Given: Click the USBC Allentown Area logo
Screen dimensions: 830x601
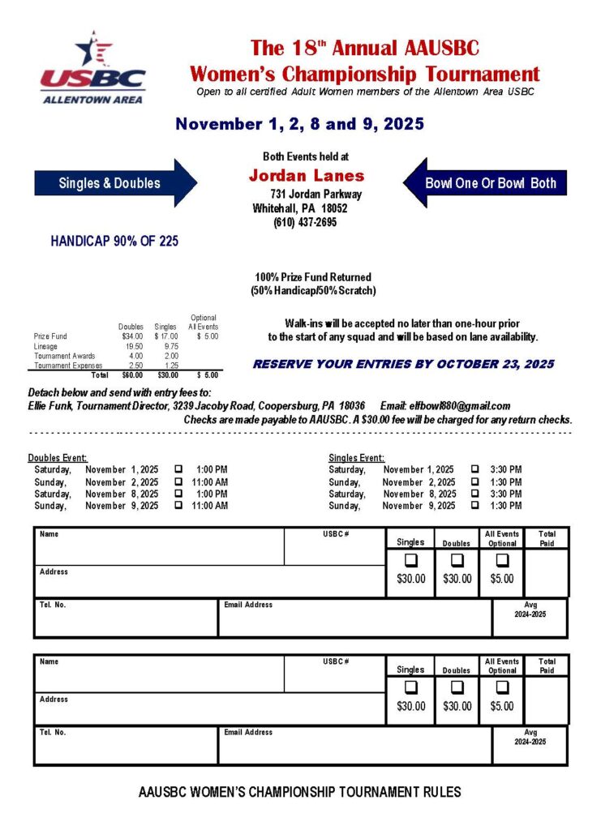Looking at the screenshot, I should pos(92,68).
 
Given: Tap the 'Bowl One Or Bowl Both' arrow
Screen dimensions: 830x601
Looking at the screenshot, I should pos(487,182).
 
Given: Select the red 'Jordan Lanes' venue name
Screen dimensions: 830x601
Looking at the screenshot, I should pos(306,176).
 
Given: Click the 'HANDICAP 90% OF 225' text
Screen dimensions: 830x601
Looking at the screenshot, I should pos(114,241).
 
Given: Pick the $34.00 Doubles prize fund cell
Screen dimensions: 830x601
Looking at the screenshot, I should pos(132,336).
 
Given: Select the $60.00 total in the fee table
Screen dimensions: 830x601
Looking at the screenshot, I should pos(132,375).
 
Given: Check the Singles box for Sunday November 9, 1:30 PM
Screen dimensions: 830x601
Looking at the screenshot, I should pos(474,506).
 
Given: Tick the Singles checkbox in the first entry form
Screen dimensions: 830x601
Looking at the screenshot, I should pos(410,560).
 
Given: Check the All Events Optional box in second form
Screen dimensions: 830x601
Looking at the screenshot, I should pos(502,687).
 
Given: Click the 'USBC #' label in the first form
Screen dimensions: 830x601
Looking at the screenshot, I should pos(335,535).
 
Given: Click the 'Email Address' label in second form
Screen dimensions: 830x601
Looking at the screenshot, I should pos(248,732).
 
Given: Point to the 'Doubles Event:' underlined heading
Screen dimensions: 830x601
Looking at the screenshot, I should pos(58,457).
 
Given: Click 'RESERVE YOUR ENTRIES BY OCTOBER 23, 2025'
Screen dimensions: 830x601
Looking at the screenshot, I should pos(403,365).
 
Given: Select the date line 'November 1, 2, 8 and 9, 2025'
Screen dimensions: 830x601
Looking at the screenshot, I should pos(300,124).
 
